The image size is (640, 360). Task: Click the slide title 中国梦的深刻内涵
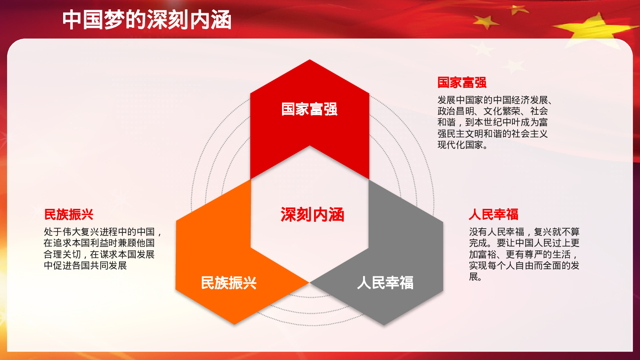pos(147,20)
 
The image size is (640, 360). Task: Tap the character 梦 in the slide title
pos(115,20)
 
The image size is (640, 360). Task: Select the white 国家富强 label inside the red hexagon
pos(309,109)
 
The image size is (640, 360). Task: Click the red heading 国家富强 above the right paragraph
pos(462,82)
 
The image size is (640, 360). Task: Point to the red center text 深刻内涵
pos(312,215)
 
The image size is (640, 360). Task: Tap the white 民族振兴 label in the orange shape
pos(229,283)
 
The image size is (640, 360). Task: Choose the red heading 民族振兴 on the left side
pos(69,214)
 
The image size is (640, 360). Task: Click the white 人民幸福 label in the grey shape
pos(385,283)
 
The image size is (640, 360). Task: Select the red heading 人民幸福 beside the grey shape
pos(493,214)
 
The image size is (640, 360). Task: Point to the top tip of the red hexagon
pos(310,61)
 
